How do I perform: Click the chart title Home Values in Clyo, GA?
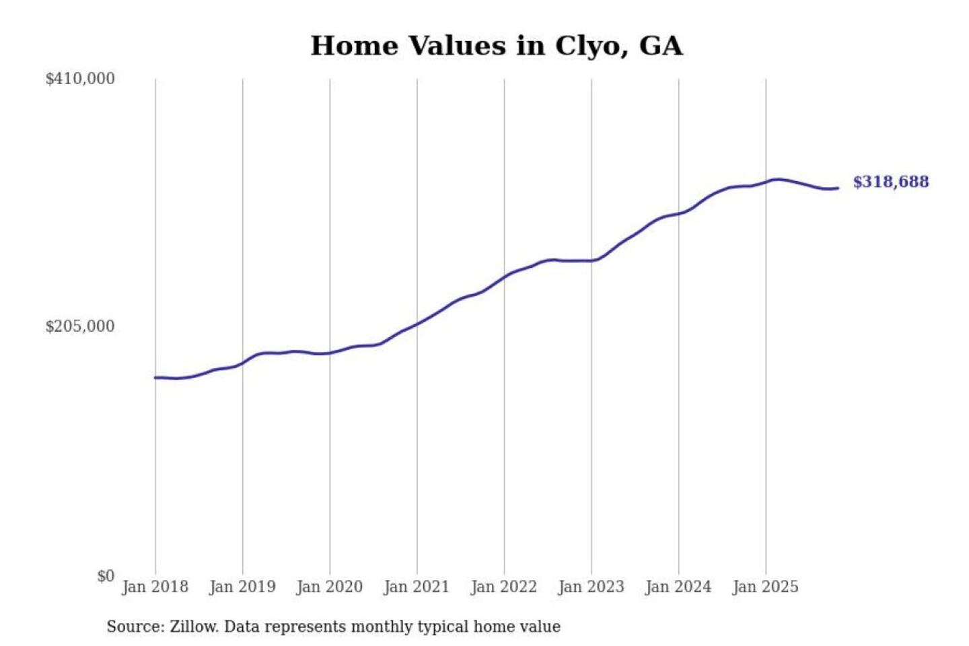pos(496,46)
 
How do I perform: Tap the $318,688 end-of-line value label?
pos(890,182)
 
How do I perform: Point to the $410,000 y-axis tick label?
pos(79,79)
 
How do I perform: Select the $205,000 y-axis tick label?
pos(79,326)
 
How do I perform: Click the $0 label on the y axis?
pos(106,576)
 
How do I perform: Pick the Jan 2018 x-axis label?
pos(155,587)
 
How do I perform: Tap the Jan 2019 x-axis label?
pos(242,587)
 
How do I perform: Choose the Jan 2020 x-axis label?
pos(329,587)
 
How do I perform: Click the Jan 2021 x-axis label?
pos(416,587)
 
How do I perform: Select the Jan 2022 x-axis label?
pos(503,587)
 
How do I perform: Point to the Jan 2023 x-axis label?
pos(591,587)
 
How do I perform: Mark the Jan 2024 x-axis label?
pos(678,587)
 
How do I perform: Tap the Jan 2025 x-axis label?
pos(765,587)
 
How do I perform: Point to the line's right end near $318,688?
pos(837,188)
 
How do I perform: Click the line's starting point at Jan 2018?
pos(155,378)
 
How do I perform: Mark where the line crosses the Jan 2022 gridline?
pos(504,276)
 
